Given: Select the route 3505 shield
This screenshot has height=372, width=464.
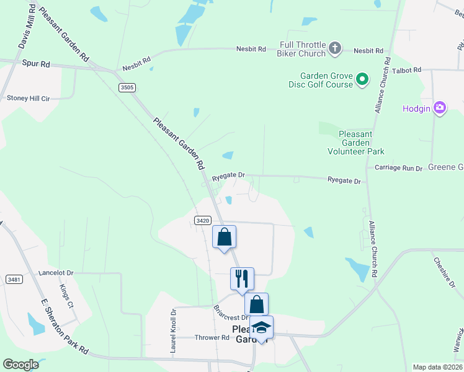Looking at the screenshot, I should (127, 87).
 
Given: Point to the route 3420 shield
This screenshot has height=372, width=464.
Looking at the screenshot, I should (202, 220).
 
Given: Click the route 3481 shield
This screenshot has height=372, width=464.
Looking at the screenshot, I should (14, 280).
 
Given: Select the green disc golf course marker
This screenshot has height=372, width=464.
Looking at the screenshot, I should (363, 80).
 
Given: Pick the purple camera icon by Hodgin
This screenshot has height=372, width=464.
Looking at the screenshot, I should (440, 108).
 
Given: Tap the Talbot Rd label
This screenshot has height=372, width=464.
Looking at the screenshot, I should (408, 70).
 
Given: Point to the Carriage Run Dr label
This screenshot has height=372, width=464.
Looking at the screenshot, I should (398, 168).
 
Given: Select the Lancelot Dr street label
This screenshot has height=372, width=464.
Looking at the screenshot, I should (56, 272).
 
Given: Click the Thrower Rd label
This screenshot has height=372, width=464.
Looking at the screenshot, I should (212, 338).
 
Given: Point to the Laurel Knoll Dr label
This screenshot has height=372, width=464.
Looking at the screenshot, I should (174, 332).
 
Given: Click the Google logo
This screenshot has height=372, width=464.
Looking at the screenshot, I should (21, 364).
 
